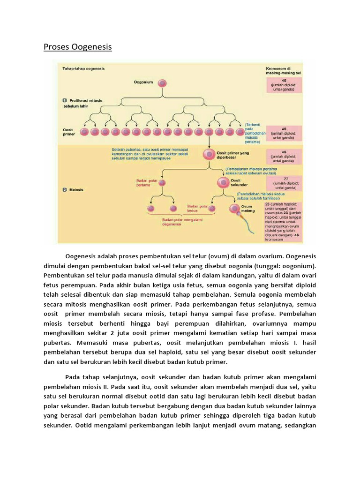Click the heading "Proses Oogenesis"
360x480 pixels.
click(x=78, y=47)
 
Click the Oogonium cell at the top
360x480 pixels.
click(x=162, y=83)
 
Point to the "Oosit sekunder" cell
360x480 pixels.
click(x=222, y=182)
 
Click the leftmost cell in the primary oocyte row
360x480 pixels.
click(x=85, y=132)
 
